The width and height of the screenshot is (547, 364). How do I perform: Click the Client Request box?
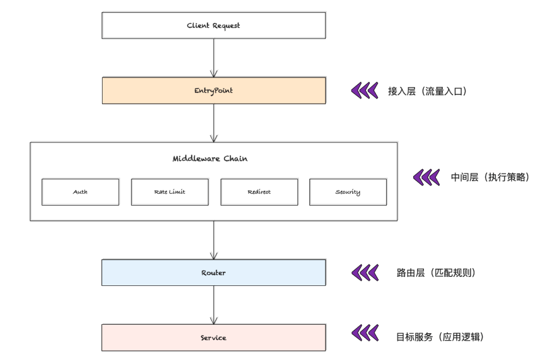point(214,26)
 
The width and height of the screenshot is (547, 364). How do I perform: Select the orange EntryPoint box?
point(214,91)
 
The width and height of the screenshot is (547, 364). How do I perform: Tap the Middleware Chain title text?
point(210,159)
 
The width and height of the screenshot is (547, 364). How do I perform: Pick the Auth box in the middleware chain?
point(80,192)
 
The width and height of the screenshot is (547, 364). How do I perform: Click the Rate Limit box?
point(169,192)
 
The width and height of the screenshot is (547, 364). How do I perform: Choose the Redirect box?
point(259,192)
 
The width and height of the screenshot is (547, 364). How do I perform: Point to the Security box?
point(348,192)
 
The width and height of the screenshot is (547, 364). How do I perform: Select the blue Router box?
point(214,273)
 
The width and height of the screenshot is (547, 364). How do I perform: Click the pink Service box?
point(214,338)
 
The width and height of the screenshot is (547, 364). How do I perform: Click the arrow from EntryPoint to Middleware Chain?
point(214,123)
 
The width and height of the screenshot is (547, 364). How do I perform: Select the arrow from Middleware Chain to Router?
point(214,240)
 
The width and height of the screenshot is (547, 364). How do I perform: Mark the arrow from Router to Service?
point(214,305)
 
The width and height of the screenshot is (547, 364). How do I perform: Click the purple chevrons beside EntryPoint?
point(364,91)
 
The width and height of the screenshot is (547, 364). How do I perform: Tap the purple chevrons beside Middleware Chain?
point(426,177)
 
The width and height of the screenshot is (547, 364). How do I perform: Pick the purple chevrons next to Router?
point(364,273)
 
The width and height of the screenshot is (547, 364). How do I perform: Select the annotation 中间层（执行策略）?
point(490,177)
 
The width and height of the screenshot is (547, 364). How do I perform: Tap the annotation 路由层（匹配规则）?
point(436,273)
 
